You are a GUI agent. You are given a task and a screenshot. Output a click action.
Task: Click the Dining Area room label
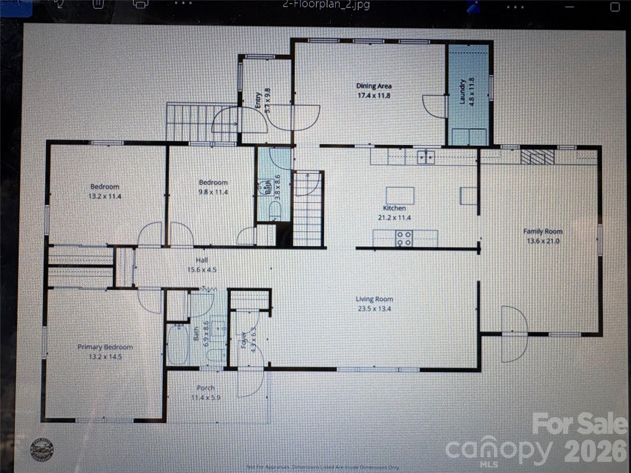point(374,86)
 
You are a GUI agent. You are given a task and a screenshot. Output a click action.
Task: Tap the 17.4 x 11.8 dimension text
point(374,96)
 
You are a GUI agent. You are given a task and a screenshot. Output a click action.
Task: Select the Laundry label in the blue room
point(462,92)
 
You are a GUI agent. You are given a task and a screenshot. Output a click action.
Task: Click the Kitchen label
point(394,208)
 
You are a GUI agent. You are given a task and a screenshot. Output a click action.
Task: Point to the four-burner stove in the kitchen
point(404,238)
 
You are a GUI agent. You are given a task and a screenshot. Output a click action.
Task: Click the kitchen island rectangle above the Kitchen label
point(400,195)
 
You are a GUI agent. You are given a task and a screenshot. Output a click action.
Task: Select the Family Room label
point(543,231)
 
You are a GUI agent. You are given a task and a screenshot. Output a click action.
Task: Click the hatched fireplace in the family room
point(537,157)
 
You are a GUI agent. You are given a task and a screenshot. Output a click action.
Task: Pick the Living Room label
point(374,299)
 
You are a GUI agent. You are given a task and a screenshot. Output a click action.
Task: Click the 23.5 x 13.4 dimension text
point(374,308)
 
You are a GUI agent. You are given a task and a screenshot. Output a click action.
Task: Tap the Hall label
point(201,260)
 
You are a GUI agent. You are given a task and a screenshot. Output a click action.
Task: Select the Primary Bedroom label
point(105,347)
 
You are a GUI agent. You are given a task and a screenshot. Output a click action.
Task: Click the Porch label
point(205,388)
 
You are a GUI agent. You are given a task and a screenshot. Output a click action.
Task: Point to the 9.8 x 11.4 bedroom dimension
point(213,192)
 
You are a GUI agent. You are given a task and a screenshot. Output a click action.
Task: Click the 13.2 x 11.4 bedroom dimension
point(105,196)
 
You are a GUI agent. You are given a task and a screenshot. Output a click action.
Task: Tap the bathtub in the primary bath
point(178,345)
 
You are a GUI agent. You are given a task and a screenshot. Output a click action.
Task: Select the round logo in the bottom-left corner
point(42,450)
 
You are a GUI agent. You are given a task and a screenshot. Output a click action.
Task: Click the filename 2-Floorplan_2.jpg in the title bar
point(326,5)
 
